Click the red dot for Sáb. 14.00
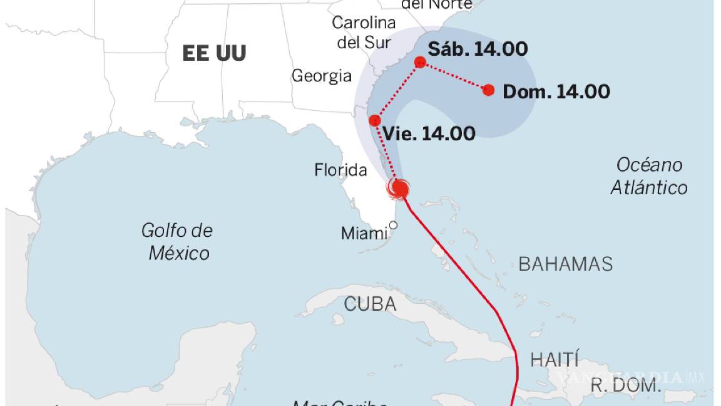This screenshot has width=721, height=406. click(420, 61)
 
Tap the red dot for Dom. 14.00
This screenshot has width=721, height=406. click(489, 90)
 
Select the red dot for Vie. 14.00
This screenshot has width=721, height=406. click(375, 120)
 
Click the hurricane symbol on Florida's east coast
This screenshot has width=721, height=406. click(399, 187)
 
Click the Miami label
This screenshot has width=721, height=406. click(364, 234)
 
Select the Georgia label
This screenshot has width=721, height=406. click(322, 76)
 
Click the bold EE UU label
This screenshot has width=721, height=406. click(214, 53)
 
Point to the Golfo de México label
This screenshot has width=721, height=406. click(177, 242)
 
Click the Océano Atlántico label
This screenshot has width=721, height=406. click(649, 176)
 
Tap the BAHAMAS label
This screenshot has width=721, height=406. click(565, 264)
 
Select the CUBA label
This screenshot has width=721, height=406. click(370, 304)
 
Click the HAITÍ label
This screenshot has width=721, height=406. click(555, 360)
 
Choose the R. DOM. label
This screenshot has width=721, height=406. click(626, 385)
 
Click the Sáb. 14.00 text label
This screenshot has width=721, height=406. click(478, 49)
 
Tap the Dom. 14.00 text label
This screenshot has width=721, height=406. click(556, 91)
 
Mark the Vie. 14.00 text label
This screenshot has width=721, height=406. click(429, 133)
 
